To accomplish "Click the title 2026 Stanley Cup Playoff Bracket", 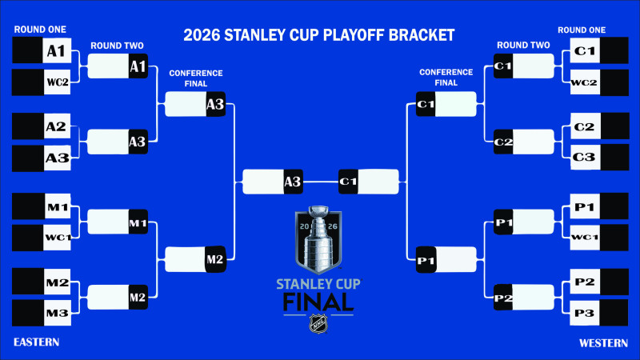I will tap(319, 35).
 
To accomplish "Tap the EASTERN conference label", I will tap(37, 342).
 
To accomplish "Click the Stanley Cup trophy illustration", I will tap(319, 238).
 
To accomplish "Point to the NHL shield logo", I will tap(319, 324).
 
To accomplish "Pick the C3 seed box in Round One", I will tap(584, 158).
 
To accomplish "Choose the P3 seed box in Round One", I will tap(584, 313).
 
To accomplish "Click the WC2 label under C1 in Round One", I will tap(584, 82).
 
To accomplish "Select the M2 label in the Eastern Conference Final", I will tap(215, 259).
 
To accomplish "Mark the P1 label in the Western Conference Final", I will tap(426, 259).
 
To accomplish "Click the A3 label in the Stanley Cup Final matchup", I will tap(292, 182).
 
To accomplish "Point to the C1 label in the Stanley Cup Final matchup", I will tap(348, 182).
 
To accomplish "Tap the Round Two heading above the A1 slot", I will tap(117, 46).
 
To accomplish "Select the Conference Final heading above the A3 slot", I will tap(195, 77).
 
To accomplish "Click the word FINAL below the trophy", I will tap(318, 302).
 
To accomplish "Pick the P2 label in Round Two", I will tap(503, 298).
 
